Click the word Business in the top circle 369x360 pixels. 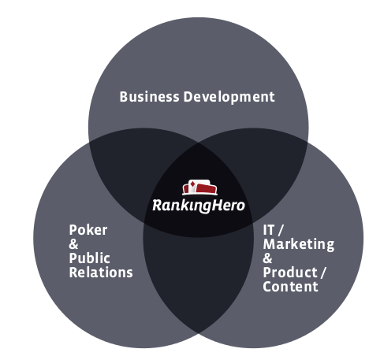pos(149,97)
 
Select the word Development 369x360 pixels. pos(229,97)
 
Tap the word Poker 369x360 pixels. pos(88,230)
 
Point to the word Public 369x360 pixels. pos(89,258)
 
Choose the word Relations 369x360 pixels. pos(101,272)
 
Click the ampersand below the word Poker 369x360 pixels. pos(73,244)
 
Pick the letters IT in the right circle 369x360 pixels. pos(268,230)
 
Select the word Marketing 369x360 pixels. pos(299,244)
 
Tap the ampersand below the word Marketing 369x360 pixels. pos(267,258)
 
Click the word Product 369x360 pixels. pos(290,273)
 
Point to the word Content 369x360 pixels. pos(290,286)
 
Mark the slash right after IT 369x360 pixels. pos(281,230)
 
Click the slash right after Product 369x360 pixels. pos(323,273)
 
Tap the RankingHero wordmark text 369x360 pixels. pos(199,206)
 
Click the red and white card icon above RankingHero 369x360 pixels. pos(199,187)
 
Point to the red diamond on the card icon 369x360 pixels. pos(192,184)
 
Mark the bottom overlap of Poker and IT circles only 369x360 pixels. pos(199,276)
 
